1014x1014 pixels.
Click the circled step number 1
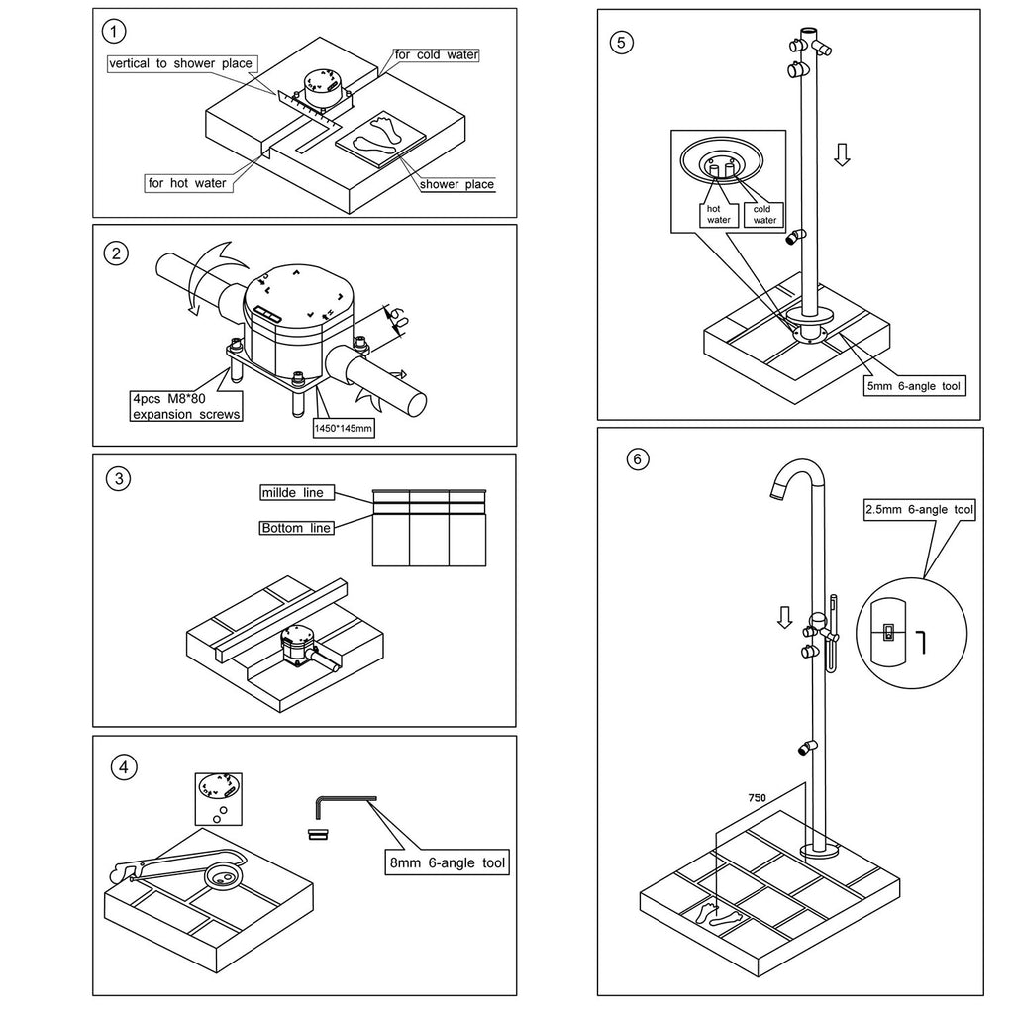pos(118,33)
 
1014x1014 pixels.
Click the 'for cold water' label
pos(437,55)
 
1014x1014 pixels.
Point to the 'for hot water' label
pos(186,183)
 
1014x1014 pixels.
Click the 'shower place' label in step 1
pos(456,184)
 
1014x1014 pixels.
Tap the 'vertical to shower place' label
pos(182,64)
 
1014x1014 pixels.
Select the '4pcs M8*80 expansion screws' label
pos(186,407)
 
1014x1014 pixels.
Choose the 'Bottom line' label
pos(296,528)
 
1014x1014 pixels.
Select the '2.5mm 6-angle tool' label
pos(920,510)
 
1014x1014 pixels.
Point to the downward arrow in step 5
pos(841,155)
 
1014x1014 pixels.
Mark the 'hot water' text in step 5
pos(718,214)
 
